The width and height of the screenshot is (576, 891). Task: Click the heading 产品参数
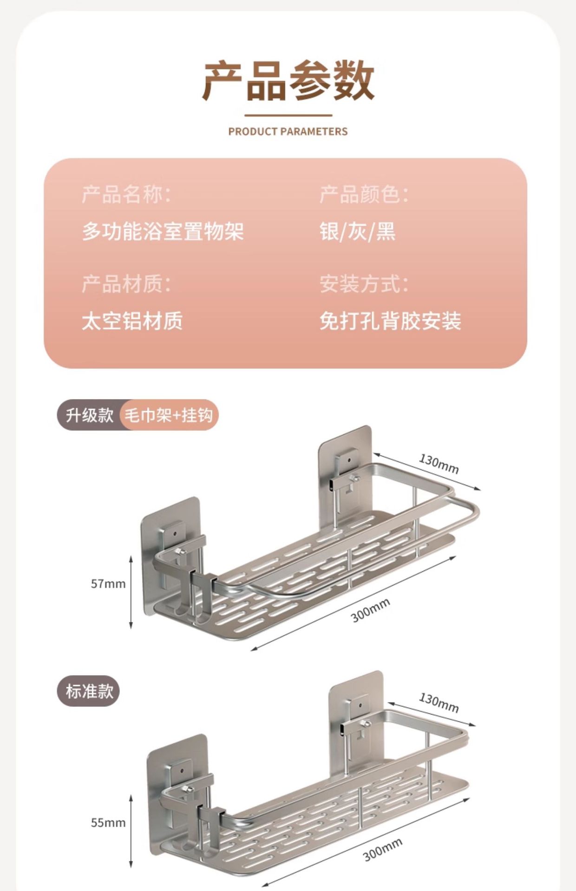288,81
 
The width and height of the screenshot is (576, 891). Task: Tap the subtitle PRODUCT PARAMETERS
288,132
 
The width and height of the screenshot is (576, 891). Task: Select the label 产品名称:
126,194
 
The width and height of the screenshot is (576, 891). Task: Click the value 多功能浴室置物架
163,231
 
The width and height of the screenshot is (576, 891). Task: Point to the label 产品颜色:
364,194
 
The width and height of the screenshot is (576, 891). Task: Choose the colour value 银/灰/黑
357,231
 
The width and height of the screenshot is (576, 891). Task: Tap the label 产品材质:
126,284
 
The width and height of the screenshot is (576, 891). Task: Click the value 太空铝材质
132,321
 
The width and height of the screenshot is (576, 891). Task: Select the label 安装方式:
364,284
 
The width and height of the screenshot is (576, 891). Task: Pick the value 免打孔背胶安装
390,321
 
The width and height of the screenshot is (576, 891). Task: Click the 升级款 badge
89,415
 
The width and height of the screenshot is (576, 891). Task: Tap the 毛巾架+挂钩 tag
169,415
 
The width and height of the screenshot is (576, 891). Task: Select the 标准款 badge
89,691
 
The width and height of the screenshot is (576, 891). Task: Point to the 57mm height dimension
108,584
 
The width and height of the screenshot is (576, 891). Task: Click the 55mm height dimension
108,823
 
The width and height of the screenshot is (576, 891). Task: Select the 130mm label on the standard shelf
439,703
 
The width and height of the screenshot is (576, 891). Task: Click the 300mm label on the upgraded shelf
370,610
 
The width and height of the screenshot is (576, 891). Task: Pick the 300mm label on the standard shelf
382,850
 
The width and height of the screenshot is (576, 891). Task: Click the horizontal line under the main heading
288,115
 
